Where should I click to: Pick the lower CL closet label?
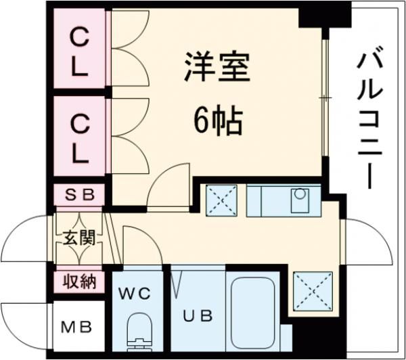click(x=80, y=139)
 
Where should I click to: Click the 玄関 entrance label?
click(x=80, y=238)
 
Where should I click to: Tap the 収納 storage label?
click(x=80, y=280)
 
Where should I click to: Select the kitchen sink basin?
click(x=299, y=200)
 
